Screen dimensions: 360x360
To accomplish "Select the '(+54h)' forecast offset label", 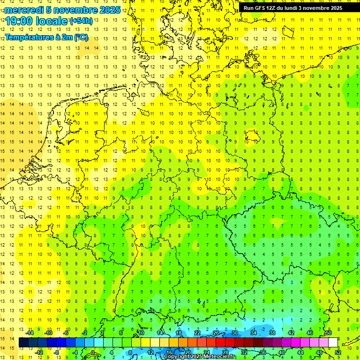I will [81, 21].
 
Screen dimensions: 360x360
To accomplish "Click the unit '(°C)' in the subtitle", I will [80, 37].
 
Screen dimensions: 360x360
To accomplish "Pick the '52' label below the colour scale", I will [338, 352].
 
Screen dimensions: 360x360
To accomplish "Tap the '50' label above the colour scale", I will [329, 333].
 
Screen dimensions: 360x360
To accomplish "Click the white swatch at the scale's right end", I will [333, 343].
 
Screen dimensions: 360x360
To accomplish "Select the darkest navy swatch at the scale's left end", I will [24, 343].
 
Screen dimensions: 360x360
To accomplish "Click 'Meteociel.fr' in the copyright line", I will [219, 357].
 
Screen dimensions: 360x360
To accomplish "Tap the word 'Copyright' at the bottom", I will [177, 357].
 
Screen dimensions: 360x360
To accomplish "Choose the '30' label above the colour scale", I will [234, 333].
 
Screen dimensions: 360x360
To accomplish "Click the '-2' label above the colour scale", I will [85, 333].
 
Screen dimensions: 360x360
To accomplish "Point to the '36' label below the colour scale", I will [263, 352].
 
